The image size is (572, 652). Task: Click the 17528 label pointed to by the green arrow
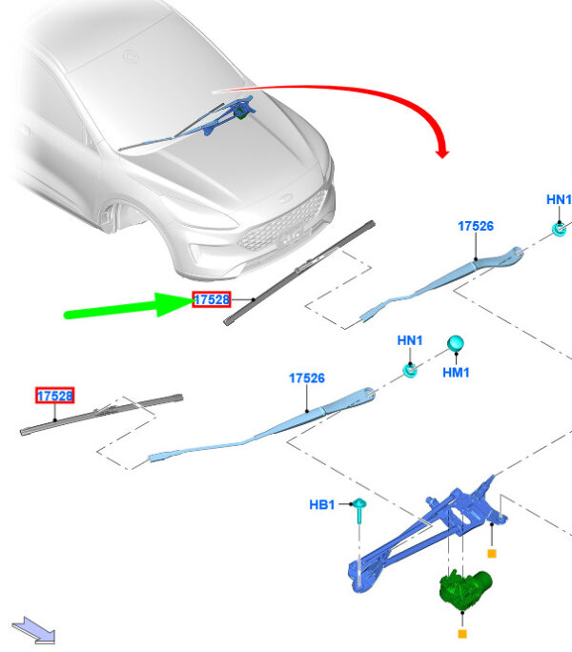tap(212, 299)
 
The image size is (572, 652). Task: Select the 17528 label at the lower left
tap(55, 395)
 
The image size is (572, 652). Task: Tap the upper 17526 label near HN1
tap(475, 226)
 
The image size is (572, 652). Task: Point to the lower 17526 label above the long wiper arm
tap(307, 378)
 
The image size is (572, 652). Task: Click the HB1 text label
tap(321, 504)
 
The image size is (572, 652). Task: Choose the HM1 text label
tap(456, 373)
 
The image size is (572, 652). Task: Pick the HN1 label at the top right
tap(559, 199)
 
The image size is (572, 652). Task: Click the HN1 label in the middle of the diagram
tap(410, 340)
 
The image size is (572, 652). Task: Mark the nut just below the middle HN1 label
tap(410, 369)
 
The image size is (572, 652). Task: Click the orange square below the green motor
tap(462, 632)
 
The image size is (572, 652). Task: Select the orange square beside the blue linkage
tap(492, 552)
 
